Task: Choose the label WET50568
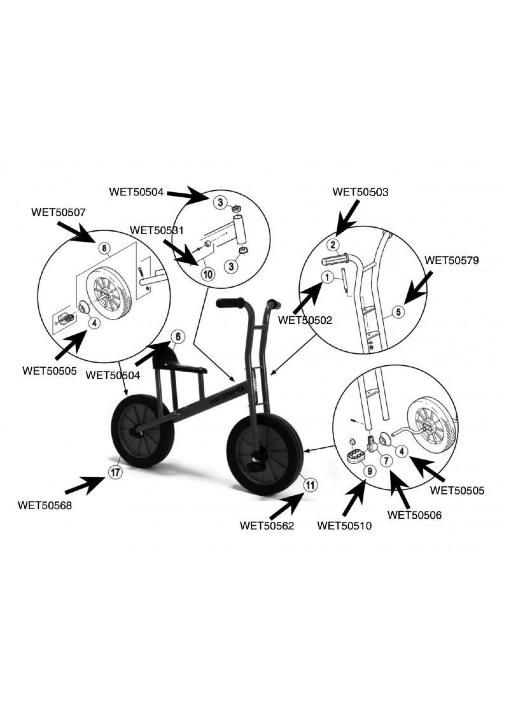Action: point(45,505)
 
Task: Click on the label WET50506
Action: point(414,515)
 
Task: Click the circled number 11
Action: point(310,485)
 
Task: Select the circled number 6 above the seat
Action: point(178,337)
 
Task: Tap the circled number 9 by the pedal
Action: point(370,471)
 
